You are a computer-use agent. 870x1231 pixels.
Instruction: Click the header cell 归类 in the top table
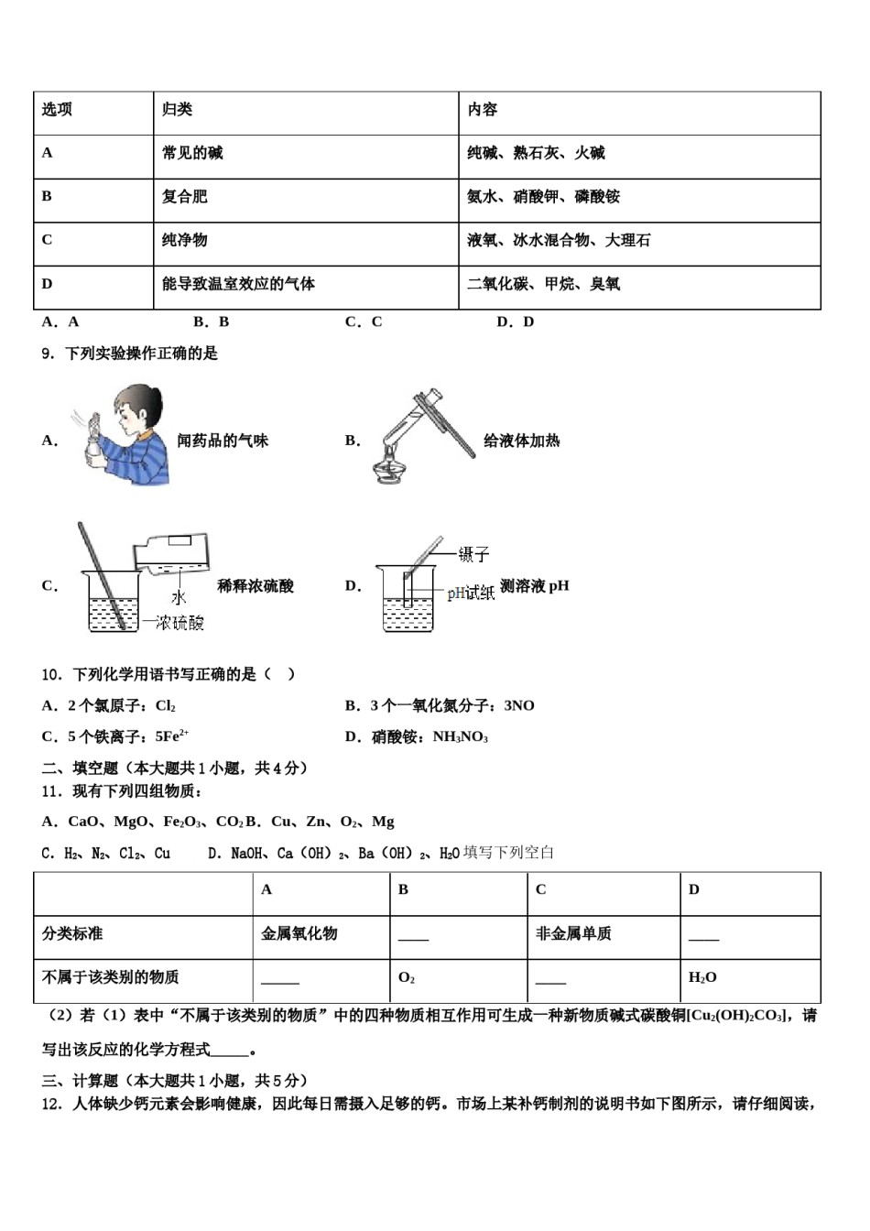point(178,110)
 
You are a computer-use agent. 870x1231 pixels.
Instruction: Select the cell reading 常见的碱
point(192,153)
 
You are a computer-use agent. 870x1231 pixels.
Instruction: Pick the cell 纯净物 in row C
point(185,240)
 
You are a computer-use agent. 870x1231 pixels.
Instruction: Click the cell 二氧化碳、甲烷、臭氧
point(543,284)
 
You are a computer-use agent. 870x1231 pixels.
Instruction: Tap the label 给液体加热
point(521,441)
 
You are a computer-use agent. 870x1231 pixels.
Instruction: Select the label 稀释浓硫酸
point(256,586)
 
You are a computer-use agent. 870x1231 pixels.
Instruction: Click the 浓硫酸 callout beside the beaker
point(178,624)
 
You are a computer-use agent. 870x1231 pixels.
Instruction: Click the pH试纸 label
point(471,594)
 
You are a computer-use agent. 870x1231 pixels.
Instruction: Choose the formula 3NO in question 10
point(519,705)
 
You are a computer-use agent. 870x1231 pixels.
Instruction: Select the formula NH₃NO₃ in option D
point(460,737)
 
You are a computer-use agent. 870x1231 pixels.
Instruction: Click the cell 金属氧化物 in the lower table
point(299,934)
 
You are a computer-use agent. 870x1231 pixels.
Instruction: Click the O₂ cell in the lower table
point(407,978)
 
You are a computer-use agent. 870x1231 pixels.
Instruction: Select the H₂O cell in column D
point(702,978)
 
